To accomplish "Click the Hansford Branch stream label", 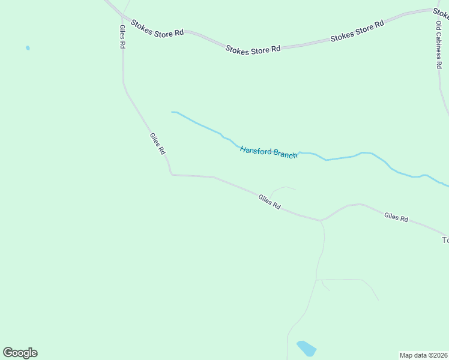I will pyautogui.click(x=268, y=152).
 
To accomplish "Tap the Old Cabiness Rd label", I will pyautogui.click(x=439, y=45).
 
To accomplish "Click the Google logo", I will pyautogui.click(x=20, y=353).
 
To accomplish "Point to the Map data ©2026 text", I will pyautogui.click(x=424, y=355).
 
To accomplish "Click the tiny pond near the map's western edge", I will pyautogui.click(x=28, y=48).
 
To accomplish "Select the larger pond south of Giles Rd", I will pyautogui.click(x=306, y=348).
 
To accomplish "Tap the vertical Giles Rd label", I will pyautogui.click(x=122, y=37).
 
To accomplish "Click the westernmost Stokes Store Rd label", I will pyautogui.click(x=157, y=29).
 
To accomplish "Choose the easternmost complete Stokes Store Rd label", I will pyautogui.click(x=357, y=32).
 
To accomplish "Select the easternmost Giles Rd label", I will pyautogui.click(x=396, y=217).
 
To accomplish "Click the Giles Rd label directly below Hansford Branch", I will pyautogui.click(x=270, y=202).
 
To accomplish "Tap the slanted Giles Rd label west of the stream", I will pyautogui.click(x=157, y=144).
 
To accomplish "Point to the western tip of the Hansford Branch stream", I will pyautogui.click(x=172, y=112).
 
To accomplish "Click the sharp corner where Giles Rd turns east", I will pyautogui.click(x=172, y=175).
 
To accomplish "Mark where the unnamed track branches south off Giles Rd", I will pyautogui.click(x=321, y=221).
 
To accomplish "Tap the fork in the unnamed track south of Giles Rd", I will pyautogui.click(x=316, y=280).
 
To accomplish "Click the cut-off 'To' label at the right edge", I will pyautogui.click(x=445, y=240).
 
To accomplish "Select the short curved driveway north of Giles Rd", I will pyautogui.click(x=282, y=188).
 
